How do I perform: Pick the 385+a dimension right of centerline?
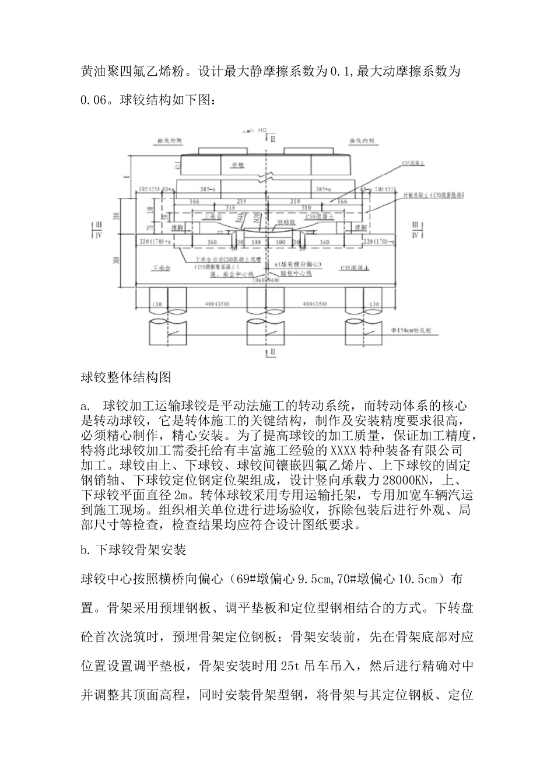(x=322, y=190)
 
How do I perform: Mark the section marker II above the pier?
(x=272, y=138)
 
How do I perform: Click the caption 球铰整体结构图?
(x=125, y=377)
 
